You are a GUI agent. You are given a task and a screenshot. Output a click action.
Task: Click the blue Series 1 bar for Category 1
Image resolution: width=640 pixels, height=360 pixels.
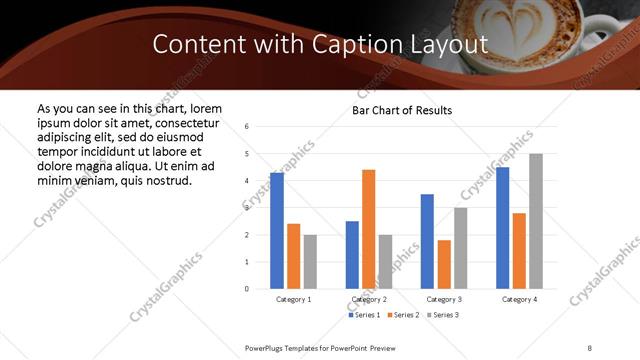[277, 231]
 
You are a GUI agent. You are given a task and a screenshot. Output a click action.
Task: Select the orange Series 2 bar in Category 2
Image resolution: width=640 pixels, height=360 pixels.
[368, 229]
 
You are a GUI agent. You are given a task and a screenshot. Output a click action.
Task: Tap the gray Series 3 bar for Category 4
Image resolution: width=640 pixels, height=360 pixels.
[536, 221]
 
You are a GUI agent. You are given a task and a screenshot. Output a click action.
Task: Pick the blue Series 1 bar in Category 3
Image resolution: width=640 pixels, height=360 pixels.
[427, 241]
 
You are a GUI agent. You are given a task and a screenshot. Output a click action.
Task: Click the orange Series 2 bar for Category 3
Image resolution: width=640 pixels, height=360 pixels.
[444, 264]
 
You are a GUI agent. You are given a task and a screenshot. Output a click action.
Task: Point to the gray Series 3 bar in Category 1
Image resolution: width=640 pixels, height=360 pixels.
[310, 262]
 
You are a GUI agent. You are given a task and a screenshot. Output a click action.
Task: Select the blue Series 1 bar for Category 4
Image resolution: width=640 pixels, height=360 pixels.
[502, 228]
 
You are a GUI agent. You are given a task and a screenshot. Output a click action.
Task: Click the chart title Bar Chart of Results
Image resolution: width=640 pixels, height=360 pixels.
[402, 110]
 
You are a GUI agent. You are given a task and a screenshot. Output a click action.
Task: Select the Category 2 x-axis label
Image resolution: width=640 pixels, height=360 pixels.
[369, 299]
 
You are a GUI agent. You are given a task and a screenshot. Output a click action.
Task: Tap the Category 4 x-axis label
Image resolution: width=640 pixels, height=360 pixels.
[519, 299]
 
